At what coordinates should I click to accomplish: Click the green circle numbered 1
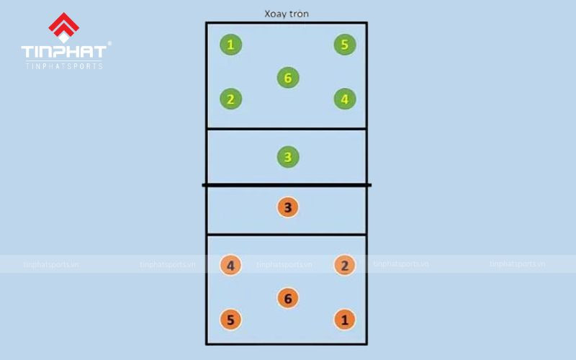coord(230,45)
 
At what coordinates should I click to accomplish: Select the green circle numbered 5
coord(345,45)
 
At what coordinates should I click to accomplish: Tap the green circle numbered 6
coord(287,78)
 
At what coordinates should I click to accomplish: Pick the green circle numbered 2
coord(230,99)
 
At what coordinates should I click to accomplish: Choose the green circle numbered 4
coord(345,99)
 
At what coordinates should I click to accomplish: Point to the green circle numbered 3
coord(287,157)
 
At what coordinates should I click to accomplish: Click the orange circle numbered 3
coord(287,208)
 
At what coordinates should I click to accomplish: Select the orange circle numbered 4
coord(230,266)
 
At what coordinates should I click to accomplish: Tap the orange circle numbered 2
coord(345,266)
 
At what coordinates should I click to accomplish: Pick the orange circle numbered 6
coord(287,298)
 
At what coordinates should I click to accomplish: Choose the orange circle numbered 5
coord(230,320)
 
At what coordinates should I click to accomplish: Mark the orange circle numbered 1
coord(345,320)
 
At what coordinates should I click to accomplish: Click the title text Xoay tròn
coord(286,14)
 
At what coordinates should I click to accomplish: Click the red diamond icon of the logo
coord(63,28)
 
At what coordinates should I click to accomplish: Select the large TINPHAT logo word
coord(63,52)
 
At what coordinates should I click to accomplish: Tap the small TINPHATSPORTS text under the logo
coord(63,66)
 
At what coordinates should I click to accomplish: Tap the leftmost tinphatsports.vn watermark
coord(50,264)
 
